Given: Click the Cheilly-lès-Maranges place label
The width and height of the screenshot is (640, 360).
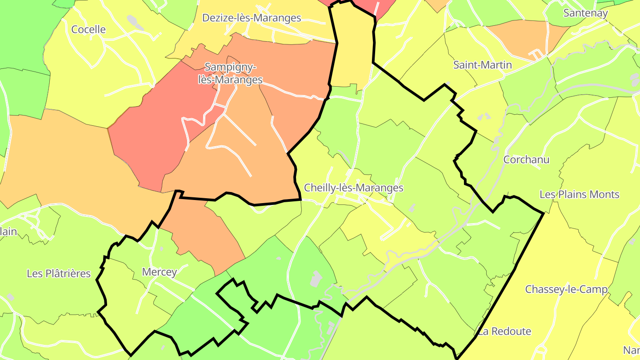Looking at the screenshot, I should tap(353, 188).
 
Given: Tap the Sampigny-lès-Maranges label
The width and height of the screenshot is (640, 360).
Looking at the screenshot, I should tap(230, 74).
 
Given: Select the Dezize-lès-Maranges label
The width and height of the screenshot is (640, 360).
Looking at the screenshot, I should tap(252, 18).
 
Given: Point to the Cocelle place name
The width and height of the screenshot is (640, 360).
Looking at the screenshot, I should tap(88, 29).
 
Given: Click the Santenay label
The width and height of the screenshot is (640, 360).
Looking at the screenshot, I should tap(585, 13).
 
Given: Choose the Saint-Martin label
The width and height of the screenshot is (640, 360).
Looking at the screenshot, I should tap(482, 65).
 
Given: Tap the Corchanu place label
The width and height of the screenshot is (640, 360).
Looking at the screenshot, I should tap(526, 160).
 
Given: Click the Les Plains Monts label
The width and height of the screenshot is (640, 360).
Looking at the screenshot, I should tap(579, 194).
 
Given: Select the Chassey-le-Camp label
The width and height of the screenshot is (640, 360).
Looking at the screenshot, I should tap(566, 289).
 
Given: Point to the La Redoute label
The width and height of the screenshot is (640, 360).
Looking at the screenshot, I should tap(504, 331).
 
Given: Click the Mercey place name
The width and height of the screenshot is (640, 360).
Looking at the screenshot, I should tap(159, 272).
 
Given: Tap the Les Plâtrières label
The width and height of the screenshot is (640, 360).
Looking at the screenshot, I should tap(59, 273).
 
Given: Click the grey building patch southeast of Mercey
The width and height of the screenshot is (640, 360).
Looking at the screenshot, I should tap(316, 279).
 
